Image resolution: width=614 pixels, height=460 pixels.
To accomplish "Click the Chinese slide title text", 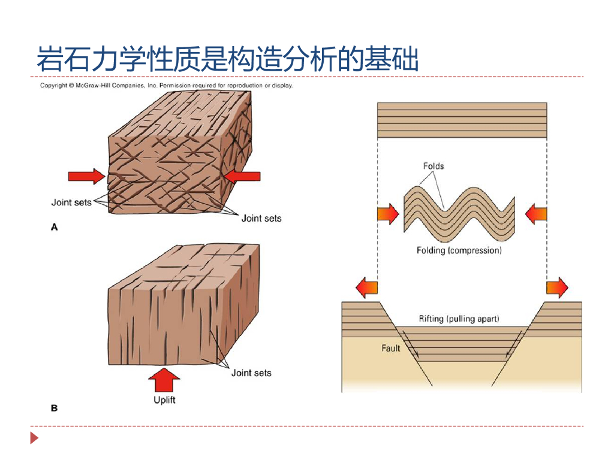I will click(228, 59).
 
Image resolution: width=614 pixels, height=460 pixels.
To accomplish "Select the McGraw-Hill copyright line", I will click(166, 86).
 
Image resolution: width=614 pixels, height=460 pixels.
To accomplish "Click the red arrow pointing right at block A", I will click(86, 176).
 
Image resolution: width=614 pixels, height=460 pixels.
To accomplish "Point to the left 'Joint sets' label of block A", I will click(71, 202).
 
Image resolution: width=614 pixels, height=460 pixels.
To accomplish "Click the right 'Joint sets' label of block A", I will click(261, 218).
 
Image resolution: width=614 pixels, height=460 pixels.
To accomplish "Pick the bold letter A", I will click(54, 227).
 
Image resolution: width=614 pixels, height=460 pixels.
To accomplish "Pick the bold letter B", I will click(54, 408).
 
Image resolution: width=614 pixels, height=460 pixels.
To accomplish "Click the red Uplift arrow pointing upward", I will click(164, 379).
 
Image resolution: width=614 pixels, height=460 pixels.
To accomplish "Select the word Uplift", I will click(164, 400).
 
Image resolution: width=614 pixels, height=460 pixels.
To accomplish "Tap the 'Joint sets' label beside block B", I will click(251, 373).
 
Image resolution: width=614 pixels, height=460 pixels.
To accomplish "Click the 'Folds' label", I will click(434, 166).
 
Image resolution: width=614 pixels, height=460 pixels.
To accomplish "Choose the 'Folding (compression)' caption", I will click(459, 250).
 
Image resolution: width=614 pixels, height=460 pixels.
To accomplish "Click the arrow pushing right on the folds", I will click(388, 214).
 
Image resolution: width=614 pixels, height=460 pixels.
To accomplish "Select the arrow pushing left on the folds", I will click(536, 214).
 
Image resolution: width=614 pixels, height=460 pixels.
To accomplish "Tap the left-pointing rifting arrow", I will click(367, 288).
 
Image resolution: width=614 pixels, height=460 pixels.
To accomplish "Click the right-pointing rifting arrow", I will click(557, 288).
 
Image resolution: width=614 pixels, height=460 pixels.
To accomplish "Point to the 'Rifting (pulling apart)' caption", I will click(459, 319).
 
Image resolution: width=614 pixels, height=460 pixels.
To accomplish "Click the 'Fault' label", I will click(390, 348).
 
